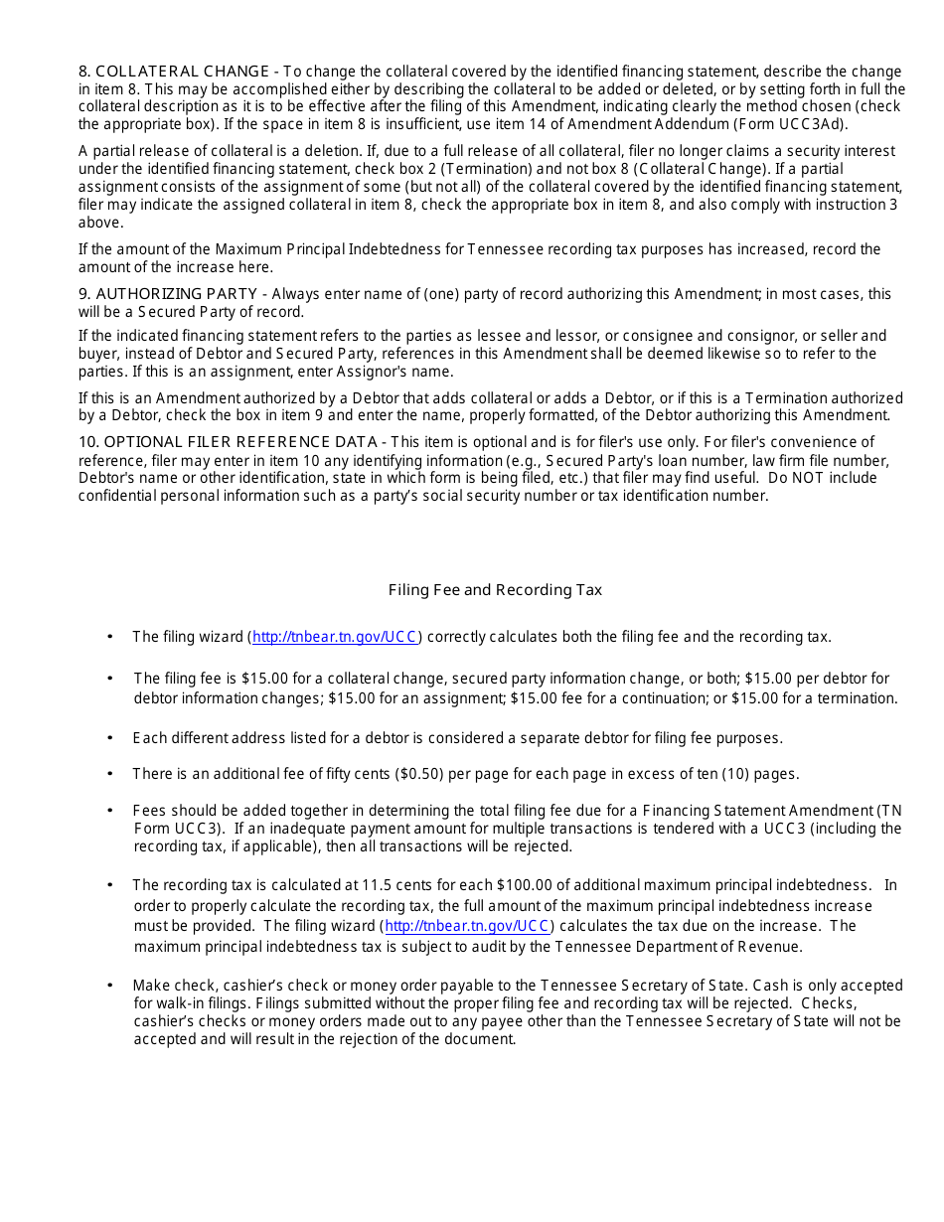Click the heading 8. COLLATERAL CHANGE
[174, 72]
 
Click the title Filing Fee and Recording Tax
[495, 590]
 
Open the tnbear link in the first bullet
[336, 637]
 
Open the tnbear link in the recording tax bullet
[467, 926]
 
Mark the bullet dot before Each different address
[109, 738]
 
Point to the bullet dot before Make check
[109, 986]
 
